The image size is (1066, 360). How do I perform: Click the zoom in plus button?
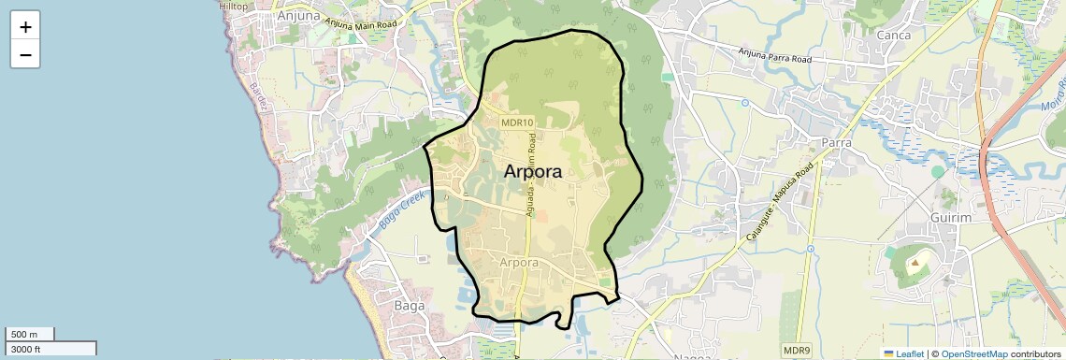(x=25, y=27)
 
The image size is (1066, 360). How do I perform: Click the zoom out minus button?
(x=25, y=55)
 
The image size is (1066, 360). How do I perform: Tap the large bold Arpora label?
(x=533, y=172)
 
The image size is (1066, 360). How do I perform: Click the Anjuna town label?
(x=298, y=16)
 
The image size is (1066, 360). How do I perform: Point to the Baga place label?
(x=410, y=306)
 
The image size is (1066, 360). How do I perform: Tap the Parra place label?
(x=836, y=142)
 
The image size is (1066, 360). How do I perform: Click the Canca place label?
(x=894, y=36)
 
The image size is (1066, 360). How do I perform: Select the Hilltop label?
(x=234, y=6)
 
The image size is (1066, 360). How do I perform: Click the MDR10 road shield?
(x=517, y=122)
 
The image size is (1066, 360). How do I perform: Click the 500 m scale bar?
(x=30, y=335)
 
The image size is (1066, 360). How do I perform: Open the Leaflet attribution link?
(x=902, y=354)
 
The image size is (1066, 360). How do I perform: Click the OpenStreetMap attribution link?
(x=974, y=354)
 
